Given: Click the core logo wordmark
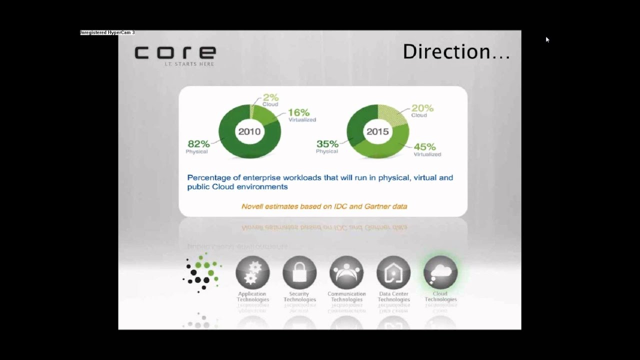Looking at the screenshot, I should pos(175,52).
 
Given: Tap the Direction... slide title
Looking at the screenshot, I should pos(456,52).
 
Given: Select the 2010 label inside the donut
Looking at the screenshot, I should pos(249,131).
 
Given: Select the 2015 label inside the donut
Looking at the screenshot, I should pos(377,131).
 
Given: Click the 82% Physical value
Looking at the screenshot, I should pos(197,144).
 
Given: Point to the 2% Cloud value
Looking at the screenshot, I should pos(270,98).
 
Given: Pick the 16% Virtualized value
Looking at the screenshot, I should pos(299,112).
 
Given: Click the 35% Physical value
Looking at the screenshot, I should pos(327,144).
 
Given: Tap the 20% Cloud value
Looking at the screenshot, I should pos(422,108).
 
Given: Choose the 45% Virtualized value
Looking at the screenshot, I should pos(424,147).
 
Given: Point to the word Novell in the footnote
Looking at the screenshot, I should pos(252,206).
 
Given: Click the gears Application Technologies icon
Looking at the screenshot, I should pos(252,272).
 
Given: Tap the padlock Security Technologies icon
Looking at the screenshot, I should pos(299,272).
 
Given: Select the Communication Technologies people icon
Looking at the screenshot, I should pos(346,272).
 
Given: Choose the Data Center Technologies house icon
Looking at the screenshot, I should pos(393,272).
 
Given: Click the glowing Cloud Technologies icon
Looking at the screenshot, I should pos(440,272).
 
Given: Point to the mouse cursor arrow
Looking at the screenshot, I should pos(547,39).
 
